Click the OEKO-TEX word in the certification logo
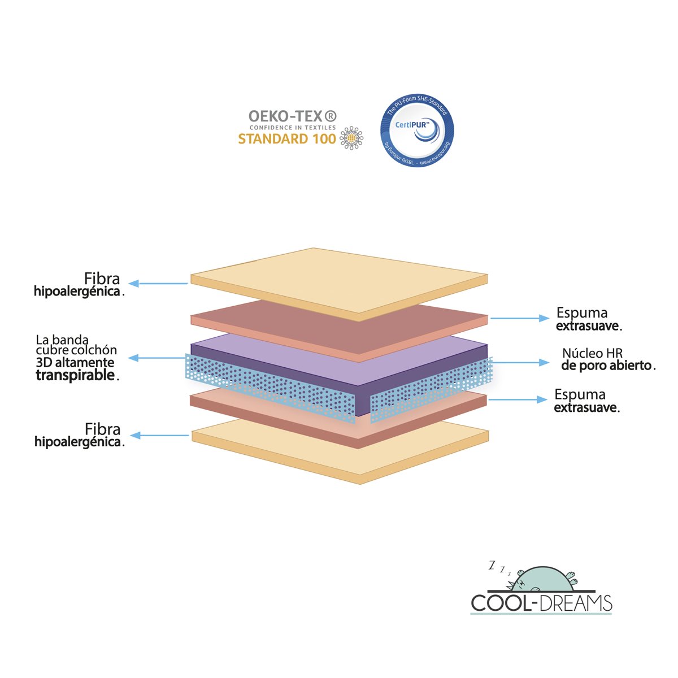[x=292, y=116]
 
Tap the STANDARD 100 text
[x=286, y=139]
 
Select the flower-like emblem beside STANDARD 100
[x=351, y=138]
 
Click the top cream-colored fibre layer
[x=339, y=277]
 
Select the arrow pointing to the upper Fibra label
[x=158, y=283]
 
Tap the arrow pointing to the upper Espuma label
[x=520, y=319]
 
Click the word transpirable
[x=75, y=376]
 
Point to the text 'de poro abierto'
[x=606, y=366]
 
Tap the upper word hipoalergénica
[x=77, y=292]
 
